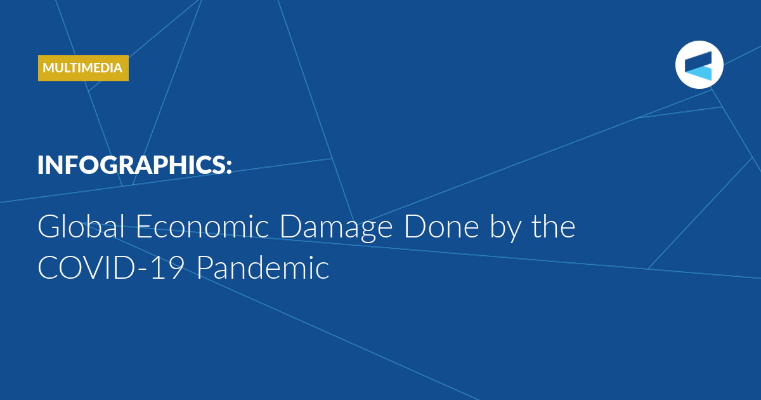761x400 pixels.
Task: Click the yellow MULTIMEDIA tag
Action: point(83,68)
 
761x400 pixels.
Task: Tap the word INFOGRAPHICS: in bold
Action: point(134,165)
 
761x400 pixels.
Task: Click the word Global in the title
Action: point(81,226)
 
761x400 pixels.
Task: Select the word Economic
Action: point(202,226)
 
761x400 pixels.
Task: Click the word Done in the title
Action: point(441,226)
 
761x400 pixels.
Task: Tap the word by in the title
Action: point(505,229)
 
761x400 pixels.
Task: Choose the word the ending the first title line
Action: point(554,226)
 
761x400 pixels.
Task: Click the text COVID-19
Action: point(111,268)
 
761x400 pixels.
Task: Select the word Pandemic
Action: point(263,267)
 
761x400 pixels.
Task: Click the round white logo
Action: point(699,65)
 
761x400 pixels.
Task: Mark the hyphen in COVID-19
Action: point(143,269)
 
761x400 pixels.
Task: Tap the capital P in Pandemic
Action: point(205,268)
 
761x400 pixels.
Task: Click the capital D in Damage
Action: point(291,226)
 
